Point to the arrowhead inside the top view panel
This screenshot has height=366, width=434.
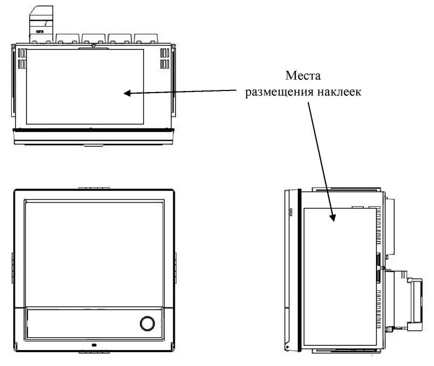[128, 94]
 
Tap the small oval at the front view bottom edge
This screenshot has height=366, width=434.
[94, 345]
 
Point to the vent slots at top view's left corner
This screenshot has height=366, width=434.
[22, 59]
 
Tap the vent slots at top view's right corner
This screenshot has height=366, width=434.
[166, 59]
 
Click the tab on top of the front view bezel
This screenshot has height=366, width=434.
[94, 188]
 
